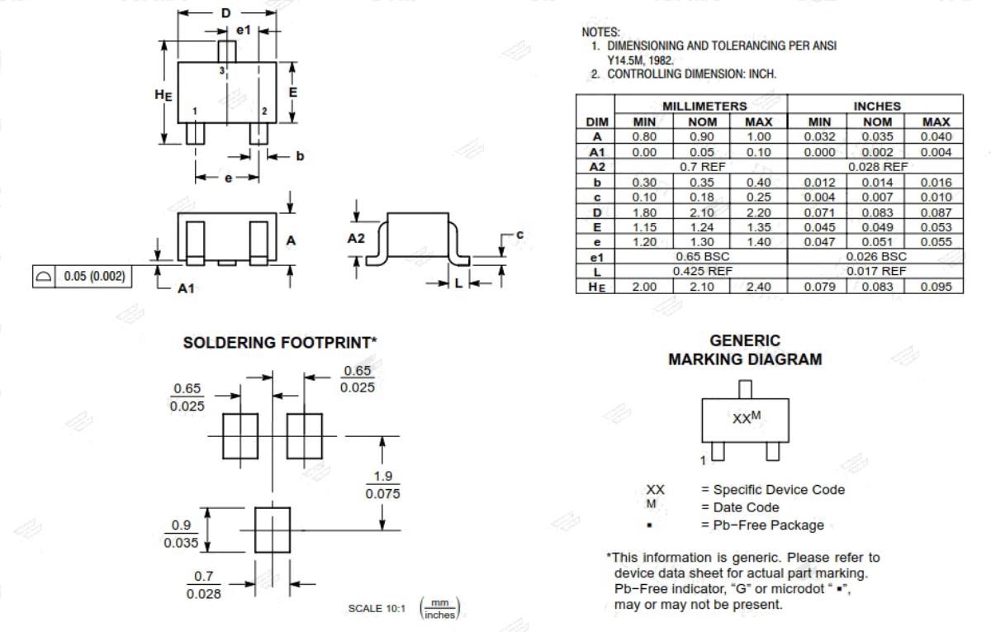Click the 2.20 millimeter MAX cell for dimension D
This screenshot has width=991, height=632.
point(759,212)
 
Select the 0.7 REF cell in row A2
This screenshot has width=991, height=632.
point(701,167)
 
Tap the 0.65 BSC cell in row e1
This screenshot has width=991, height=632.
point(701,257)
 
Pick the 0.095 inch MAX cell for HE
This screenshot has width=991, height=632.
point(935,287)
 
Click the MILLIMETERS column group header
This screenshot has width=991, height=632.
point(704,107)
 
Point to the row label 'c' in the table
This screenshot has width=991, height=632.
point(597,197)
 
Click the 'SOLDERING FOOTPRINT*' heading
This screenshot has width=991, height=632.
point(280,343)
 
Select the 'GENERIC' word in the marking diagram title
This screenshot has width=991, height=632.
point(745,340)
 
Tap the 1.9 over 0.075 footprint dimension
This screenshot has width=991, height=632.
point(382,485)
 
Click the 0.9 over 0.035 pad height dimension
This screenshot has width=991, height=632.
point(181,534)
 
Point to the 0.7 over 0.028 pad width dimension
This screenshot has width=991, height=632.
point(203,585)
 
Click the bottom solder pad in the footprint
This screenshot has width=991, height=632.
point(273,530)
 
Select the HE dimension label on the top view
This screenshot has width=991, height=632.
point(164,95)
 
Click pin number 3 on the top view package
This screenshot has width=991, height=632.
point(221,70)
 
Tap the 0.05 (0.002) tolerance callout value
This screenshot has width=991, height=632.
point(95,276)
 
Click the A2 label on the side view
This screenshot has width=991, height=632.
point(356,239)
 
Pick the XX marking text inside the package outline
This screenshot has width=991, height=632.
point(741,419)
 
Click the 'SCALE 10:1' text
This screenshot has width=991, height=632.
point(377,609)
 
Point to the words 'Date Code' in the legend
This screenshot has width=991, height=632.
point(747,507)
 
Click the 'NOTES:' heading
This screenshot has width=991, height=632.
point(601,32)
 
